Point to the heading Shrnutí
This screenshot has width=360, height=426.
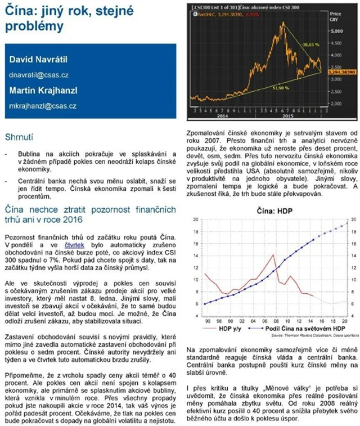(x=19, y=137)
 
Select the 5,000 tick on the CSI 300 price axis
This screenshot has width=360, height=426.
(x=336, y=32)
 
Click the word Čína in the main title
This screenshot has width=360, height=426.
(x=19, y=11)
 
